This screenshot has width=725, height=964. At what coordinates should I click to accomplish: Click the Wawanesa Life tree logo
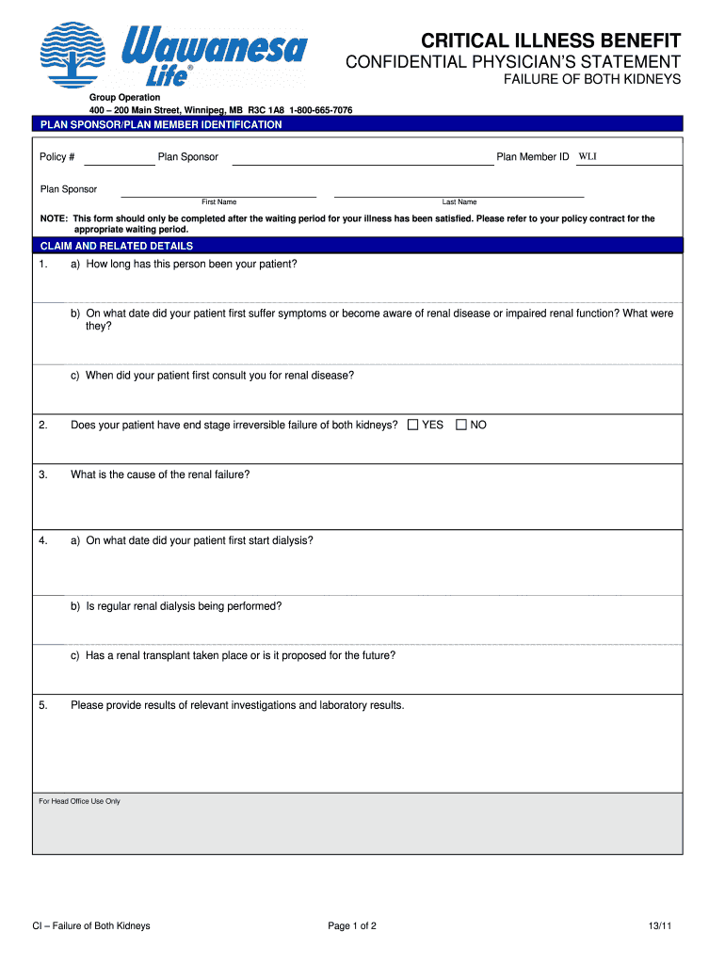coord(76,56)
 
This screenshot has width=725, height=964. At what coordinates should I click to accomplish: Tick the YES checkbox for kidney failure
coord(413,426)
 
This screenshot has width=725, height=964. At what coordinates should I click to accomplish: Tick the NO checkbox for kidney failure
coord(461,426)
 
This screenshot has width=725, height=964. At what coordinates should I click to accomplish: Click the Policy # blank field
coord(119,158)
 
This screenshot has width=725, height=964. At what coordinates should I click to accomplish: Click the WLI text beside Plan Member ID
coord(588,156)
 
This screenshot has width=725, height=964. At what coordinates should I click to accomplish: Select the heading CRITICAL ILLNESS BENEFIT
coord(551,40)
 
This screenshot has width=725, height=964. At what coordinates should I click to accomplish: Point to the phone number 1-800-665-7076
coord(321,110)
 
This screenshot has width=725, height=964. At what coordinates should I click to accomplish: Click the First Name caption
coord(218,202)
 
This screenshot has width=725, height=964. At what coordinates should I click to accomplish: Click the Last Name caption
coord(459,202)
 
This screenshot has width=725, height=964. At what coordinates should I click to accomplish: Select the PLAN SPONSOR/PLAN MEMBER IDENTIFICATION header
coord(160,124)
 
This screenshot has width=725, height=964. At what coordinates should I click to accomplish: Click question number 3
coord(43,474)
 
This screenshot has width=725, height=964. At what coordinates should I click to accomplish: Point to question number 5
coord(43,705)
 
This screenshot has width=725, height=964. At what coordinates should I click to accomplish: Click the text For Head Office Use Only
coord(79,801)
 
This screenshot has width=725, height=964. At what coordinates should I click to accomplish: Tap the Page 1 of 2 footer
coord(352,926)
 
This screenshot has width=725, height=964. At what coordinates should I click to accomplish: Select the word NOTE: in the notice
coord(54,218)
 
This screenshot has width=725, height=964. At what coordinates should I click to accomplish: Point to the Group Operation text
coord(125,98)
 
